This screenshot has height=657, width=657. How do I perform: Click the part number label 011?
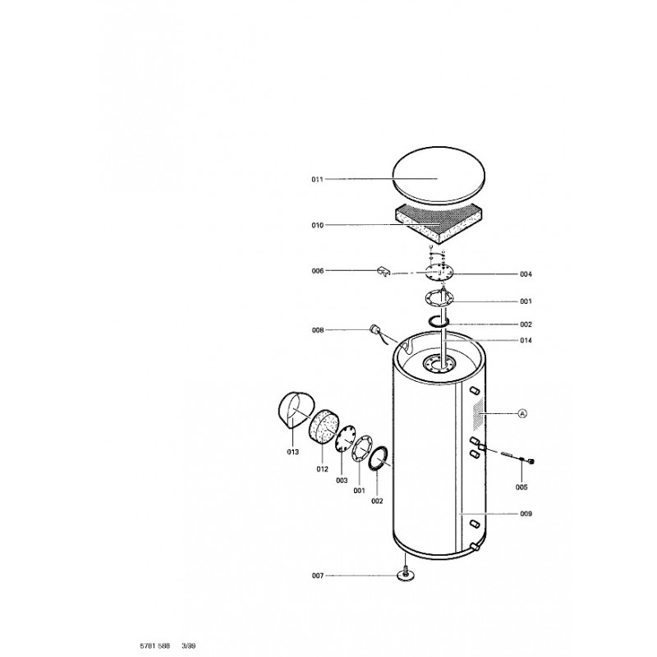pyautogui.click(x=317, y=179)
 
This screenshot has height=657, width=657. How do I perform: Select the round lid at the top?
pyautogui.click(x=439, y=176)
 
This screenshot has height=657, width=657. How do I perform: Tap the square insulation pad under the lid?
pyautogui.click(x=439, y=224)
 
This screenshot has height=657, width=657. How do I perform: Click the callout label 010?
pyautogui.click(x=317, y=225)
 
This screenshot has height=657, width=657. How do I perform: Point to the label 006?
pyautogui.click(x=318, y=271)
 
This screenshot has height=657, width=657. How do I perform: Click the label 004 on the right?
pyautogui.click(x=526, y=274)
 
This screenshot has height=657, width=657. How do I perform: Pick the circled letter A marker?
pyautogui.click(x=522, y=414)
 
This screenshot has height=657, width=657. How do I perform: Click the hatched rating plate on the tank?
pyautogui.click(x=478, y=414)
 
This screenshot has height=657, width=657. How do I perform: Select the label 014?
pyautogui.click(x=526, y=341)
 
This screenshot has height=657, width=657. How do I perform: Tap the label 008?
pyautogui.click(x=318, y=330)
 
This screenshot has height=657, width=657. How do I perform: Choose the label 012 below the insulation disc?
pyautogui.click(x=322, y=469)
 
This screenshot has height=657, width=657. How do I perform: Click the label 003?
pyautogui.click(x=342, y=480)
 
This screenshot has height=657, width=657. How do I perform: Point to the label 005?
pyautogui.click(x=521, y=488)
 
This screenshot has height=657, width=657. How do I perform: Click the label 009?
pyautogui.click(x=526, y=514)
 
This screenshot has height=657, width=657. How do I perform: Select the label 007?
pyautogui.click(x=318, y=576)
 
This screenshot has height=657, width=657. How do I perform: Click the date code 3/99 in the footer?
pyautogui.click(x=189, y=646)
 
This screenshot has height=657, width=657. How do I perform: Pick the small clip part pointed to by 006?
pyautogui.click(x=384, y=271)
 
